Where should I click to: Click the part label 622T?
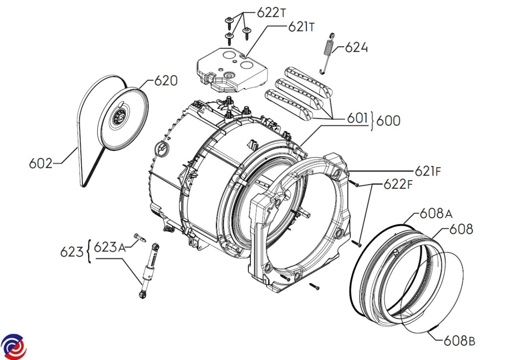(271, 12)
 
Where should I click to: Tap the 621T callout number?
(301, 27)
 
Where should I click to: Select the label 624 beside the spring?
(356, 48)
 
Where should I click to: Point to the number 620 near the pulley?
(166, 81)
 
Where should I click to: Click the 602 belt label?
(41, 163)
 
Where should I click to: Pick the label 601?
(357, 118)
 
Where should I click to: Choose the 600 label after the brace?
(388, 121)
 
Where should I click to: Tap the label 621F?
(428, 171)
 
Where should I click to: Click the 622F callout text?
(398, 185)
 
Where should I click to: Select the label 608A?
(436, 214)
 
